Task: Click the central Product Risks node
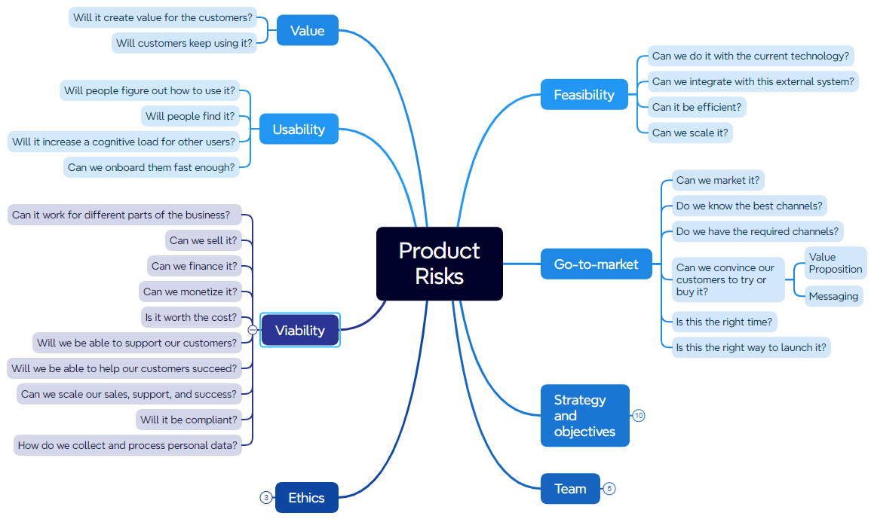(439, 264)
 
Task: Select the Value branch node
(307, 31)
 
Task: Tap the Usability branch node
(299, 130)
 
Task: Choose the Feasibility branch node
(584, 95)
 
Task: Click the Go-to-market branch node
(596, 264)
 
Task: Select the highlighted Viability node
(300, 330)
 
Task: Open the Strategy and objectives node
(584, 416)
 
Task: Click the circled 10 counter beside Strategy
(639, 416)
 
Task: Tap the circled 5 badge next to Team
(609, 489)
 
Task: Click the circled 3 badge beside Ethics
(265, 497)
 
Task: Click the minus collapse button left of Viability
(252, 330)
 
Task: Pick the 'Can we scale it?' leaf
(690, 133)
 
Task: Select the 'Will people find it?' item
(190, 116)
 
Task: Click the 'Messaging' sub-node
(833, 296)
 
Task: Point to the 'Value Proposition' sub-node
(835, 264)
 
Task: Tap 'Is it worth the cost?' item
(191, 317)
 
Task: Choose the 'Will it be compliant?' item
(189, 420)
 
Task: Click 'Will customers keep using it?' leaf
(184, 43)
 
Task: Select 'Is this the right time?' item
(724, 322)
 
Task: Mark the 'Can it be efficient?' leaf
(697, 107)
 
